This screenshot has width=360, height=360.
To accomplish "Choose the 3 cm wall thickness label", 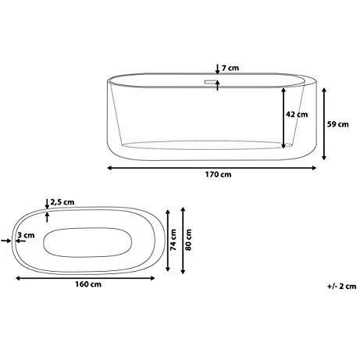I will [x=28, y=234].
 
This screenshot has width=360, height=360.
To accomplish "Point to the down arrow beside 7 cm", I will [x=218, y=68].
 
